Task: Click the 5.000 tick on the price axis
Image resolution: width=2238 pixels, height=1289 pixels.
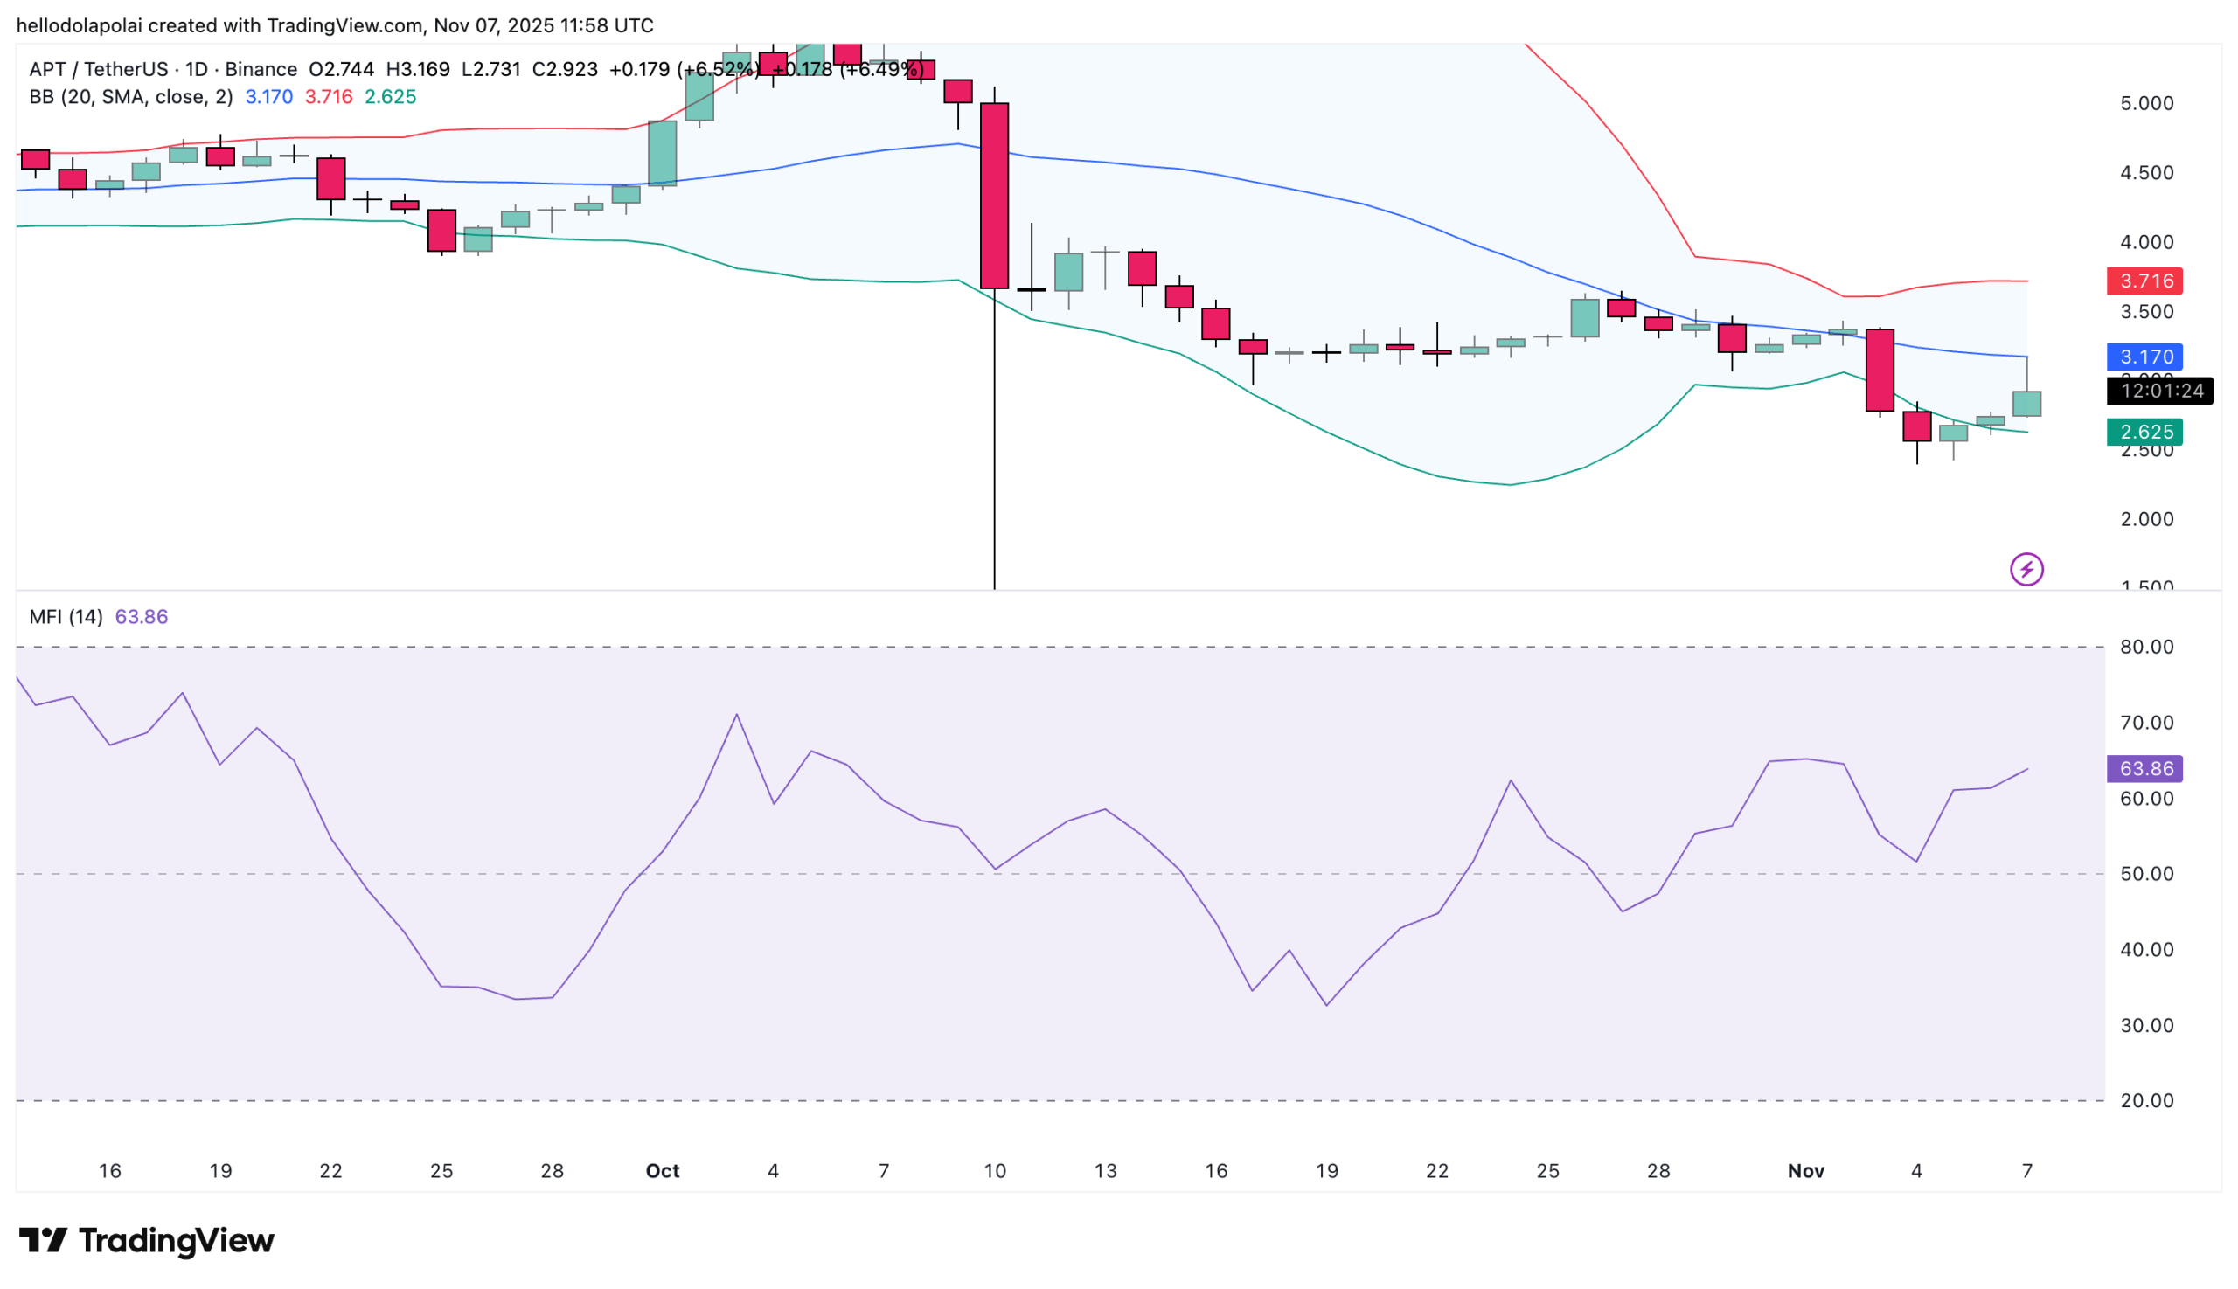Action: coord(2146,104)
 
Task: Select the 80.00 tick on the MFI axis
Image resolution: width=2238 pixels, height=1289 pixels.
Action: coord(2146,648)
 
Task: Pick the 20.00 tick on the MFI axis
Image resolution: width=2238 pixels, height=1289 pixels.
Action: coord(2146,1100)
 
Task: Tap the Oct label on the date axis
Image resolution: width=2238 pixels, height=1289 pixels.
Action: coord(663,1170)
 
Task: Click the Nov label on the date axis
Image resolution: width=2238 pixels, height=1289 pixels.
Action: coord(1805,1170)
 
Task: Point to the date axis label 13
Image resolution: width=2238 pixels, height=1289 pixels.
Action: coord(1105,1170)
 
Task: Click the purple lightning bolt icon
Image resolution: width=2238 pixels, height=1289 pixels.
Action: coord(2026,569)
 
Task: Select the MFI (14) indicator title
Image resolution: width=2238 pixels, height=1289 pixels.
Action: coord(66,616)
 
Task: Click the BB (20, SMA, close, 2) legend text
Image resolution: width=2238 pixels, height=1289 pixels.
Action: coord(131,96)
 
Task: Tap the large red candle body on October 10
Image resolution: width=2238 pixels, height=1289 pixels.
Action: coord(995,196)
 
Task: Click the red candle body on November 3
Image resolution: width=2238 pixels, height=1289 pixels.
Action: coord(1880,370)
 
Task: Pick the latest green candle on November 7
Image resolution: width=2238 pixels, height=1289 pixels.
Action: coord(2026,404)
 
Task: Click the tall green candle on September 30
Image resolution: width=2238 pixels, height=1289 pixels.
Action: coord(663,153)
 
